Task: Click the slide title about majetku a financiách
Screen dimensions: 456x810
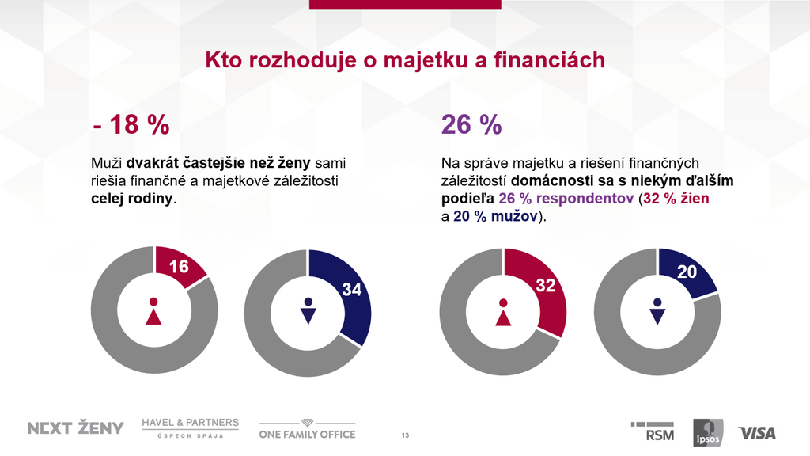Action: coord(405,60)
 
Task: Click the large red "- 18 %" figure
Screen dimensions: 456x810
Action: coord(131,124)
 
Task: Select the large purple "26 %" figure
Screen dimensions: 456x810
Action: coord(471,124)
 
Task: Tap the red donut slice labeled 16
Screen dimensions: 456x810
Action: coord(180,267)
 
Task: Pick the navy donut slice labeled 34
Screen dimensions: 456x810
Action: coord(348,293)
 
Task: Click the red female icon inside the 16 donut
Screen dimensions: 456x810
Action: coord(153,312)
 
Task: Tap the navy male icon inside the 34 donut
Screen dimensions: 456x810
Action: coord(308,312)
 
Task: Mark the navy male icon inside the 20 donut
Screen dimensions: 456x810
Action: coord(657,312)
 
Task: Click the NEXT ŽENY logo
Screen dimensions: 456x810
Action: coord(76,428)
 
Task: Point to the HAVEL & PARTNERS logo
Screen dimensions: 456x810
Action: coord(190,427)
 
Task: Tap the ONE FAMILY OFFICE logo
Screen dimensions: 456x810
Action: coord(308,429)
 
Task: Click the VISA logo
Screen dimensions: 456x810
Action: coord(757,432)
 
